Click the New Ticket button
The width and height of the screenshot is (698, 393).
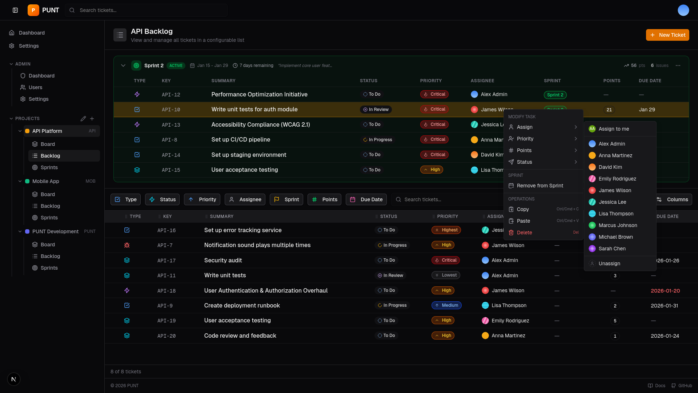(667, 35)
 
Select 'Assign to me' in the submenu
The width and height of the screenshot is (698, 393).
(614, 129)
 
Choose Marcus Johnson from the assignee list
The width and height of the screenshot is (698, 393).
(618, 225)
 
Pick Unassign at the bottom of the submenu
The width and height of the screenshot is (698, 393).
(609, 263)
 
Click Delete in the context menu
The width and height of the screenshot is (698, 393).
(524, 233)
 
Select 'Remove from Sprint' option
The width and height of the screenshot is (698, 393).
(540, 186)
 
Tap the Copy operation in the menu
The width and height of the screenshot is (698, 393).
(523, 209)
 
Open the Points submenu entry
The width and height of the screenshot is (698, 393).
(524, 150)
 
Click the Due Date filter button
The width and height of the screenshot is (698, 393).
(366, 199)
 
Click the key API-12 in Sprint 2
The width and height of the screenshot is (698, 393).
(171, 95)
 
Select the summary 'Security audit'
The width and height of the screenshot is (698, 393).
(223, 260)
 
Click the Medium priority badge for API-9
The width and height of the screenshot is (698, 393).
(446, 305)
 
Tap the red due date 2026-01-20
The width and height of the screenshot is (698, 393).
(665, 291)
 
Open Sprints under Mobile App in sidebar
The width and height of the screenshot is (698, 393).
(49, 218)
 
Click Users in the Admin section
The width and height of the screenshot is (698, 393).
(35, 87)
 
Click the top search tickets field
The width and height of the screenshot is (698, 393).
(146, 10)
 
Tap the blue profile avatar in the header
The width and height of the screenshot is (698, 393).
(683, 10)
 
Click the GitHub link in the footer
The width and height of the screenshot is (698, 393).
(682, 386)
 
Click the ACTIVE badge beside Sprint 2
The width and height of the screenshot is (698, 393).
(176, 65)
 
